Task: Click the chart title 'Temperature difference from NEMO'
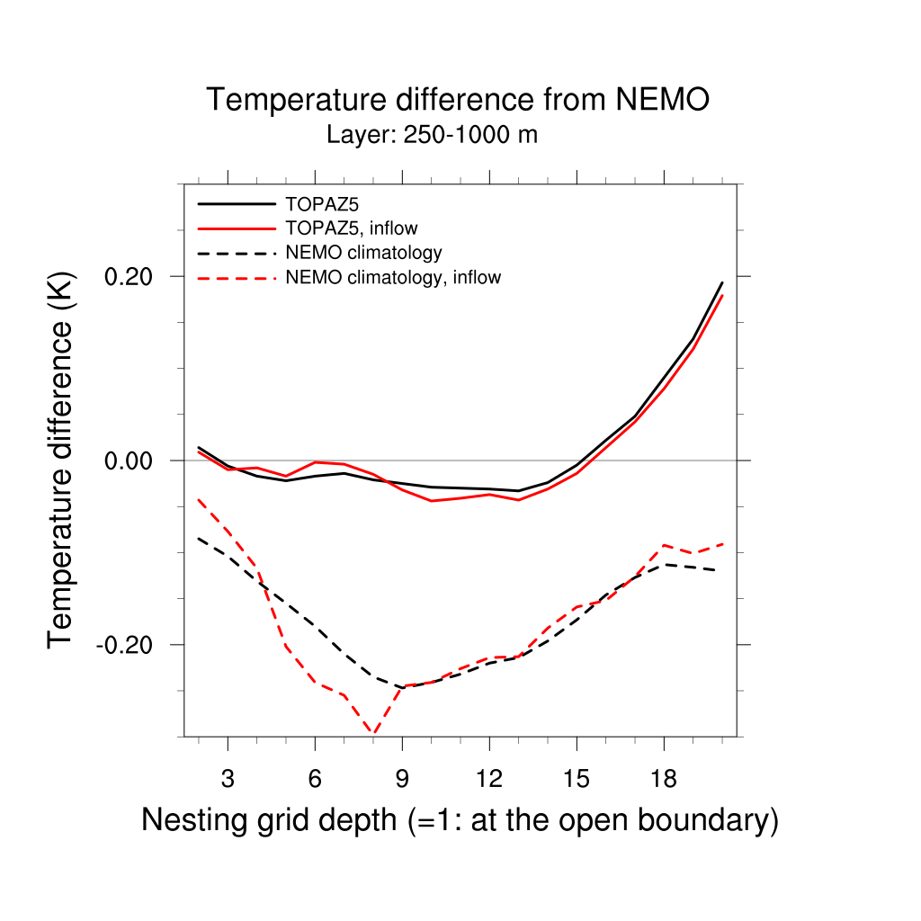tap(458, 100)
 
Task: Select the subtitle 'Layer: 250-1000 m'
tap(432, 136)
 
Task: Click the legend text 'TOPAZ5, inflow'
tap(351, 228)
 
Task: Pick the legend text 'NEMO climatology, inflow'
tap(392, 278)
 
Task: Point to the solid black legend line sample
tap(236, 203)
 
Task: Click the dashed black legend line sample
tap(236, 253)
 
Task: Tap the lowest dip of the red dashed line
tap(373, 734)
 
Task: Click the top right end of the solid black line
tap(721, 283)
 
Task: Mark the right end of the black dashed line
tap(715, 570)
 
